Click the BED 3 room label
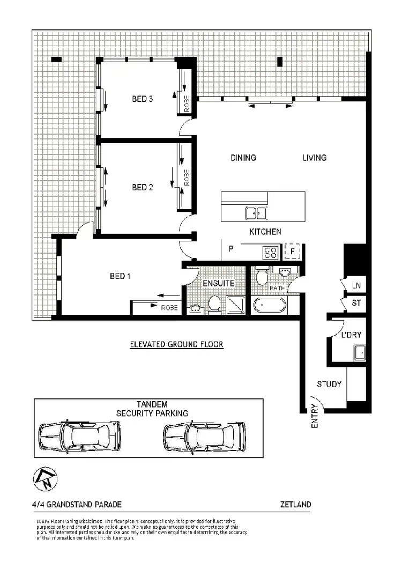pos(143,99)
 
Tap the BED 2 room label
pos(143,187)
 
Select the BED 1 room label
pos(121,276)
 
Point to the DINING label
pos(243,158)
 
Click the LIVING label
pos(314,158)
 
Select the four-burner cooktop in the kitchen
pos(270,252)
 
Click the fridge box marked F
pos(293,252)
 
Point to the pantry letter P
pos(231,249)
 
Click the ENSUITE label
pos(218,283)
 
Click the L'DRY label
pos(352,335)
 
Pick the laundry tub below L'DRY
pos(359,353)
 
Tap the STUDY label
pos(329,384)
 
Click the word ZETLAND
pos(295,505)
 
